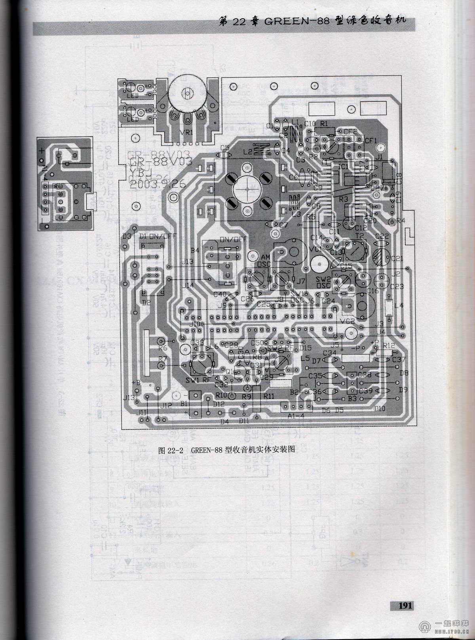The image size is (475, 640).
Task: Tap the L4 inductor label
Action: pos(399,305)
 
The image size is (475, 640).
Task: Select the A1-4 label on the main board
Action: pos(296,416)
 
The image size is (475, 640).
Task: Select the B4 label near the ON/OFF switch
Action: pos(195,250)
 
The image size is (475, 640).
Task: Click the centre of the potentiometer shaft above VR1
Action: pos(186,94)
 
